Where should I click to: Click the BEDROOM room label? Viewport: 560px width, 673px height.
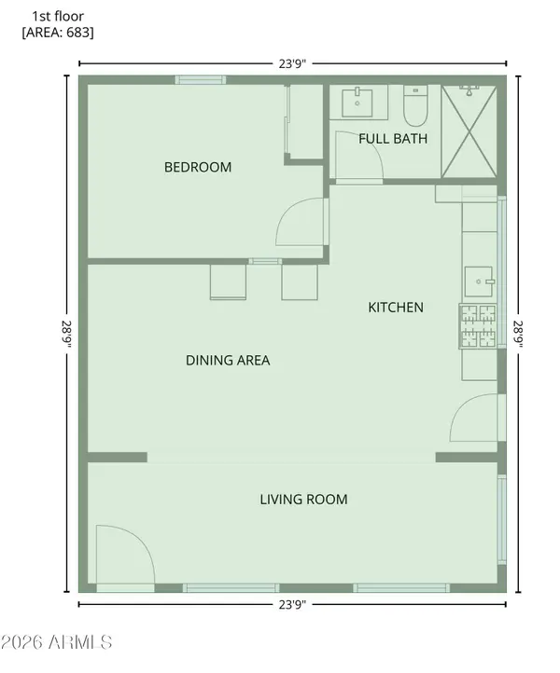pyautogui.click(x=198, y=168)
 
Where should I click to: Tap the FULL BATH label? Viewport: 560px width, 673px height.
pyautogui.click(x=393, y=139)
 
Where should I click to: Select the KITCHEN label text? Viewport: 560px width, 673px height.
pyautogui.click(x=396, y=308)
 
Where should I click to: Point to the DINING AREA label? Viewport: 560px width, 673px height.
pyautogui.click(x=228, y=360)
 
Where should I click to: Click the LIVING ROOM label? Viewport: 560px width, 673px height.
pyautogui.click(x=303, y=500)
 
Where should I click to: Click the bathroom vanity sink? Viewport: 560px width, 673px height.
pyautogui.click(x=359, y=101)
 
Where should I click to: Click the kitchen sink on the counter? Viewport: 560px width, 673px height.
pyautogui.click(x=480, y=279)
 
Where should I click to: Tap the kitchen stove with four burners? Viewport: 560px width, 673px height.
pyautogui.click(x=477, y=327)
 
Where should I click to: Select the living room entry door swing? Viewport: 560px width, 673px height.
pyautogui.click(x=124, y=556)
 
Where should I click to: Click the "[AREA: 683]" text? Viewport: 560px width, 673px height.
pyautogui.click(x=58, y=33)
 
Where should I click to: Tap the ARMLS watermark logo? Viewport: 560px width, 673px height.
pyautogui.click(x=57, y=642)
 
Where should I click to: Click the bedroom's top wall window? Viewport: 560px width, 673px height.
pyautogui.click(x=201, y=79)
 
